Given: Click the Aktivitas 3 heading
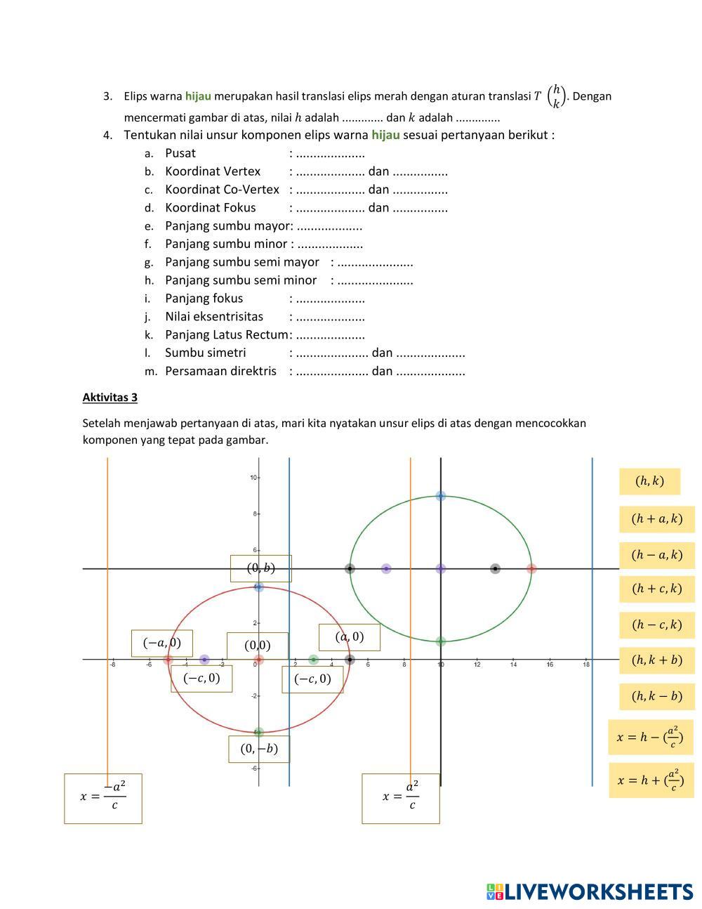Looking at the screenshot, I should tap(110, 398).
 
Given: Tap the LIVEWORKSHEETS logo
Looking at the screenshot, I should tap(589, 891).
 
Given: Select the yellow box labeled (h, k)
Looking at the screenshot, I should tap(649, 481).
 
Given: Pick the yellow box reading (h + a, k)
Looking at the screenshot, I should tap(656, 519).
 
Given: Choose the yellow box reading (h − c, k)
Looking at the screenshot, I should tap(656, 624).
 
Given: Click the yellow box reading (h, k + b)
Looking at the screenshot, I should tap(656, 660).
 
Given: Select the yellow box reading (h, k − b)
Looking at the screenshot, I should tap(656, 696).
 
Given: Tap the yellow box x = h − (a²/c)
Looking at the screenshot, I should tap(650, 737).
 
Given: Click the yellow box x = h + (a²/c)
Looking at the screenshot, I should tap(650, 780).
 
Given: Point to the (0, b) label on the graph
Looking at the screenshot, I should tap(260, 568).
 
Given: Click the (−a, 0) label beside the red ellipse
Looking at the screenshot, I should tap(162, 643).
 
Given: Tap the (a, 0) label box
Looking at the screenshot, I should tap(349, 637).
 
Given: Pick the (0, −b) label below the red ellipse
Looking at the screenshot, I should tap(259, 749).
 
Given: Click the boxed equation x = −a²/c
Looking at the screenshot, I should tap(103, 798).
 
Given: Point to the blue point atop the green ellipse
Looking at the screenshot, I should tap(441, 496).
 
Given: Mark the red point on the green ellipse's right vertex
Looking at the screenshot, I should tap(531, 568).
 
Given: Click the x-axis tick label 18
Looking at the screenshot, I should tap(586, 665).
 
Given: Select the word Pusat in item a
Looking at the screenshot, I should tap(180, 153).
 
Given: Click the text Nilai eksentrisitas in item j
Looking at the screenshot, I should tap(214, 317).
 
